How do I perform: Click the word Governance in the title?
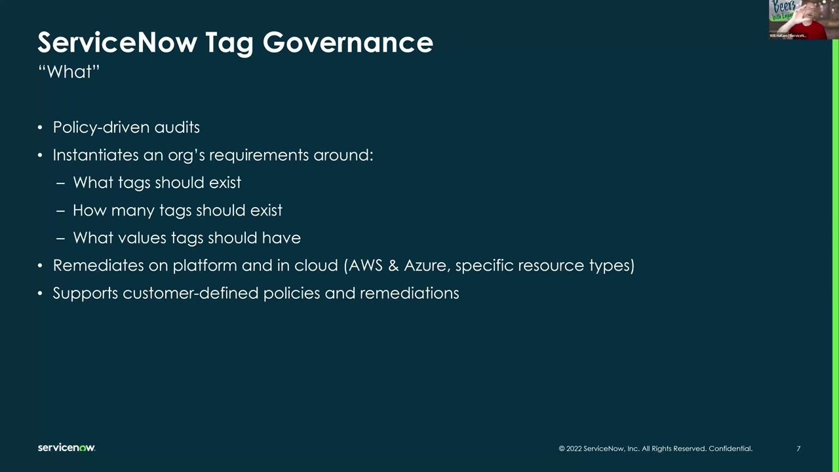(347, 43)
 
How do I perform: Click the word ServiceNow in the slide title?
(117, 43)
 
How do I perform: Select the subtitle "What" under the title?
(69, 71)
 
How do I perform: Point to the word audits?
(177, 127)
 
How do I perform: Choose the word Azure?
(425, 265)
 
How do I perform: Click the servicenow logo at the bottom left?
(66, 448)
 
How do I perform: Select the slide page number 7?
(798, 448)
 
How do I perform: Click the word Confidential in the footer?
(730, 448)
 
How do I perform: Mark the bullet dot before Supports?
(40, 294)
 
